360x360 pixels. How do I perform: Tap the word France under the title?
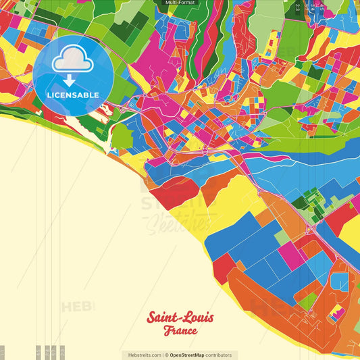point(180,331)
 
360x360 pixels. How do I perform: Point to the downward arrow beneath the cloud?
point(68,80)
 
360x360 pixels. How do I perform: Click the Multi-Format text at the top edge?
point(180,3)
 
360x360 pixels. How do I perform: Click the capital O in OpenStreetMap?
point(172,355)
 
